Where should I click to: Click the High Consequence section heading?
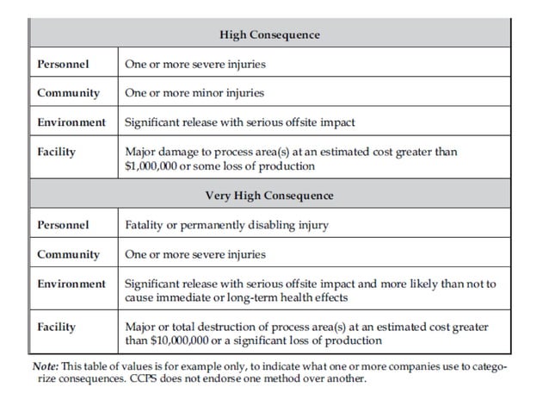tap(269, 34)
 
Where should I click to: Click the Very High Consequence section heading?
tap(269, 196)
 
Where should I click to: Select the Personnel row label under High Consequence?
tap(63, 64)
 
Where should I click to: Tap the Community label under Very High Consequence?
tap(68, 254)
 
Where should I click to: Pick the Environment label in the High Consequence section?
tap(71, 122)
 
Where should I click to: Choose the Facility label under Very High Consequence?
tap(57, 327)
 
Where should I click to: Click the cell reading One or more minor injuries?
tap(194, 93)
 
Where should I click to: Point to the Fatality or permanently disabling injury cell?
tap(227, 225)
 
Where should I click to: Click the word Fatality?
tap(145, 225)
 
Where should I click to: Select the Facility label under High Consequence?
tap(57, 152)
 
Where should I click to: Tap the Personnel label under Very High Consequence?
tap(63, 225)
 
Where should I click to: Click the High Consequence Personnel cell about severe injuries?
tap(195, 64)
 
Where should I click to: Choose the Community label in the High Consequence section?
tap(68, 93)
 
